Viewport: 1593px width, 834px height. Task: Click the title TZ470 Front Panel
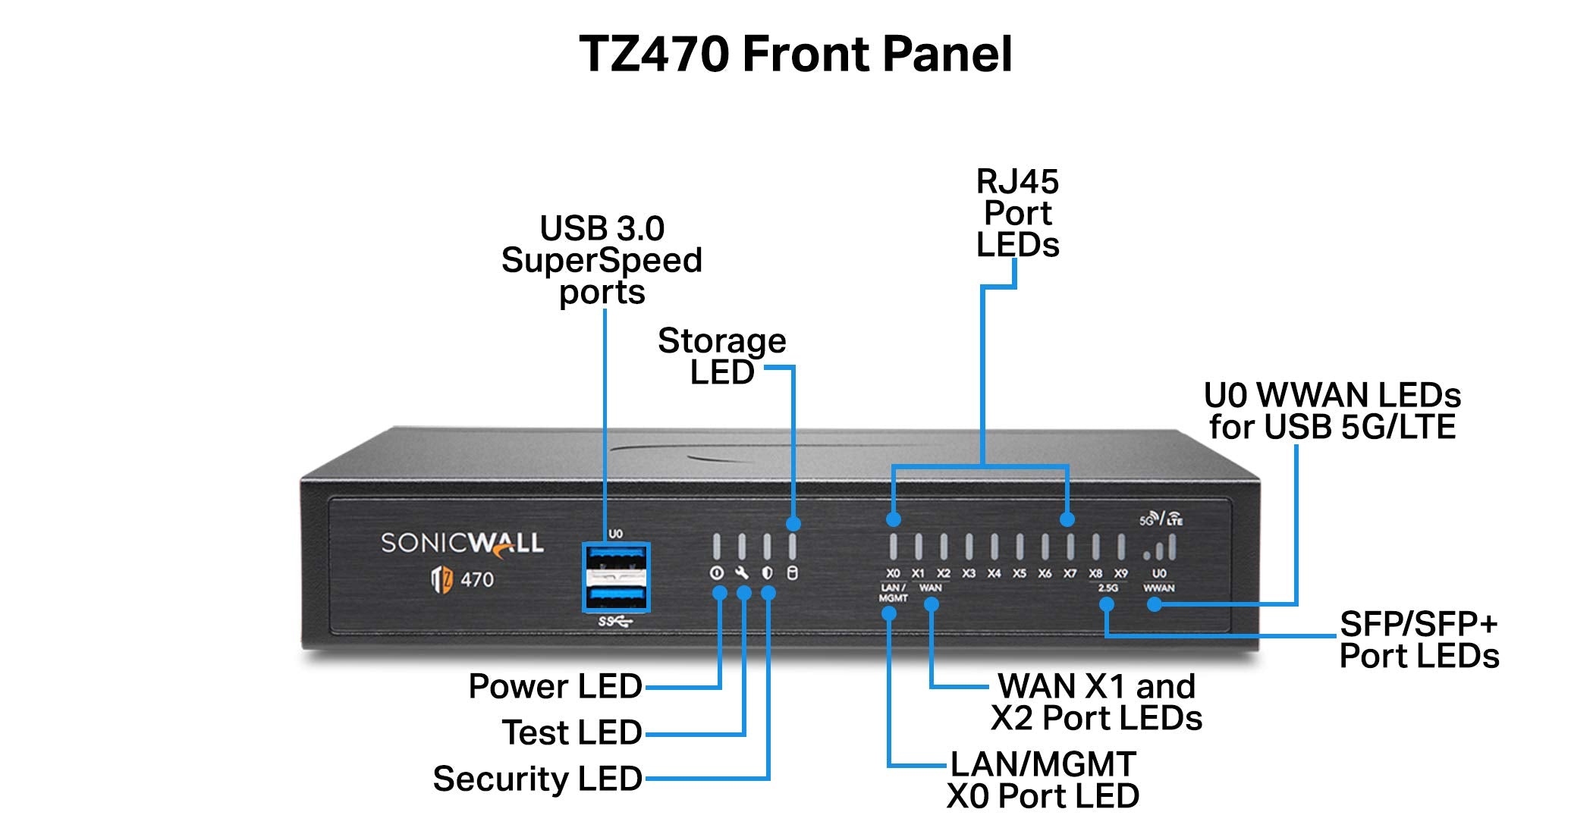click(x=795, y=55)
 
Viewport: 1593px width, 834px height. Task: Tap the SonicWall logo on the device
click(x=462, y=543)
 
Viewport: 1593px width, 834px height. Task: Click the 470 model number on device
click(x=477, y=580)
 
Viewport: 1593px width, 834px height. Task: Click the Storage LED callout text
click(x=721, y=356)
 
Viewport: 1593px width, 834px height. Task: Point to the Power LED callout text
click(x=555, y=686)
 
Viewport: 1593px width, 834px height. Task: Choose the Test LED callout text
click(x=572, y=732)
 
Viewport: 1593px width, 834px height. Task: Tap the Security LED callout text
click(x=537, y=779)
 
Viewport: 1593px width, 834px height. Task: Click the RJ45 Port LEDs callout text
click(x=1017, y=214)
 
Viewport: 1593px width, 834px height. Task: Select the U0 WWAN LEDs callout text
click(x=1332, y=411)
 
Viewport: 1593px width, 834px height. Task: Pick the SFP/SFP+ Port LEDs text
click(x=1419, y=640)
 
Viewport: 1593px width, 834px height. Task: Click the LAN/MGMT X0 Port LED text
click(x=1043, y=780)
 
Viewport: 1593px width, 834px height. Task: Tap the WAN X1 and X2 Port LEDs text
click(x=1096, y=702)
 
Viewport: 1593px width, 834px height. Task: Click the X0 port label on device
click(x=893, y=574)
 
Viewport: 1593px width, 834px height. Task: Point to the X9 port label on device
click(x=1120, y=574)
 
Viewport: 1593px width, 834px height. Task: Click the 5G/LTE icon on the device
click(x=1161, y=519)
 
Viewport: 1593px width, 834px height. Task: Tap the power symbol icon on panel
click(x=716, y=573)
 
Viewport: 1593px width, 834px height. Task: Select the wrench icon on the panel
click(x=742, y=573)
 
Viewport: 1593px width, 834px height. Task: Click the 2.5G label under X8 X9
click(x=1108, y=588)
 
